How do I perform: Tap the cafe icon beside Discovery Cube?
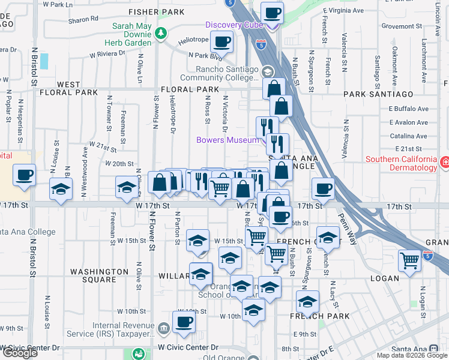click(272, 12)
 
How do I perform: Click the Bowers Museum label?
click(228, 140)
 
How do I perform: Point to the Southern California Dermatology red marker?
click(444, 162)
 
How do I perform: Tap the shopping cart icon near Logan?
click(409, 261)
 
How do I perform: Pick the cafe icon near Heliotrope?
click(222, 43)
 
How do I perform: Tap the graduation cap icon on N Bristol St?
click(61, 189)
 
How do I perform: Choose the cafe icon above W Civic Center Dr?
click(184, 322)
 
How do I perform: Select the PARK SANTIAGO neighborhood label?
click(378, 94)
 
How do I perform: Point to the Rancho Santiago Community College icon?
click(267, 72)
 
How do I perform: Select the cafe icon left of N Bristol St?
click(24, 176)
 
